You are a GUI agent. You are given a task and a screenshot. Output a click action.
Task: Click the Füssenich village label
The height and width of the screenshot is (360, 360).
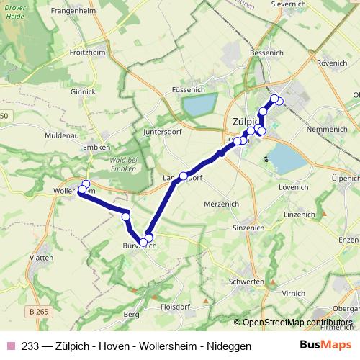click(188, 89)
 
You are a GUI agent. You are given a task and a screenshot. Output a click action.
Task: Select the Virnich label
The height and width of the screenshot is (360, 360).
click(293, 294)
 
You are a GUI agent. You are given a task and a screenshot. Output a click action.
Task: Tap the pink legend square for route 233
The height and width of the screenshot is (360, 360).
click(9, 346)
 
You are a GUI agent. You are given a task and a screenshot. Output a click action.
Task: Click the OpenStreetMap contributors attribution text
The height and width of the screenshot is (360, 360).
click(292, 323)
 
